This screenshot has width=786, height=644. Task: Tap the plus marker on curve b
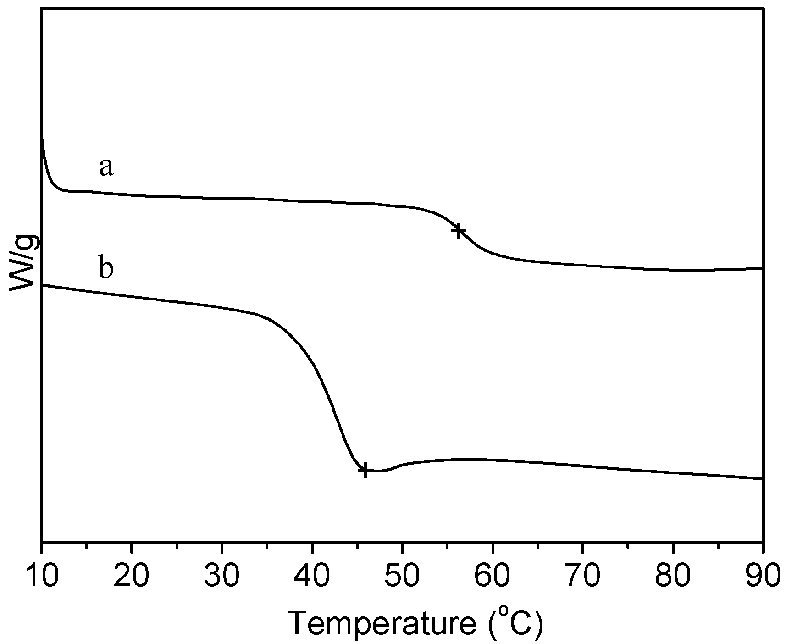pyautogui.click(x=365, y=470)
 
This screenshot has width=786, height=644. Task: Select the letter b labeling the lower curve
pyautogui.click(x=106, y=268)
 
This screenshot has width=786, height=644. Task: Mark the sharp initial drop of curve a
pyautogui.click(x=46, y=170)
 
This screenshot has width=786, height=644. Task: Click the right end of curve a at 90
pyautogui.click(x=761, y=268)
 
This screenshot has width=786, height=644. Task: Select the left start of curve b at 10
pyautogui.click(x=43, y=285)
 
